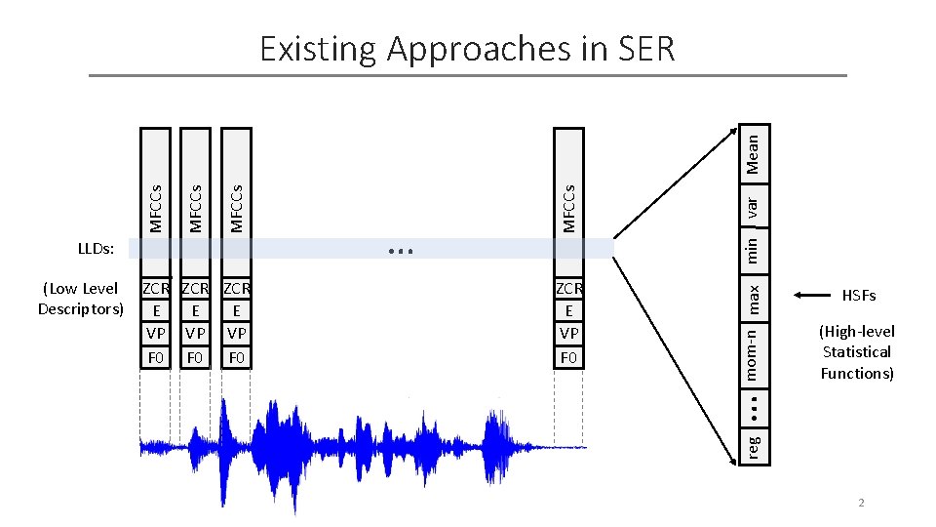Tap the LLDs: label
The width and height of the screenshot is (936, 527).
tap(96, 250)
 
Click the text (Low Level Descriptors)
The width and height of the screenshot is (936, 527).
tap(81, 299)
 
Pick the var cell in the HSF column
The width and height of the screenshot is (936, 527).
tap(753, 206)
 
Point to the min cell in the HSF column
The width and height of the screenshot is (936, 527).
tap(753, 246)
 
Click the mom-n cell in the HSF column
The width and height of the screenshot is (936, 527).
tap(753, 353)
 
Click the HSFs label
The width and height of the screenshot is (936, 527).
tap(859, 296)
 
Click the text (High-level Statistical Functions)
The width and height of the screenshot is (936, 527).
tap(856, 352)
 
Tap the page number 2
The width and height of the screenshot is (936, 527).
tap(861, 503)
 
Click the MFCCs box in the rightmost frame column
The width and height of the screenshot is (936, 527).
tap(568, 195)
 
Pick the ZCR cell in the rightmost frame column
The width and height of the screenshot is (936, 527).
tap(568, 289)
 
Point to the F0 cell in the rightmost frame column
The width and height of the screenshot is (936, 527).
tap(568, 357)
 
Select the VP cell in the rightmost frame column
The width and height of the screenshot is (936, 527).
tap(568, 334)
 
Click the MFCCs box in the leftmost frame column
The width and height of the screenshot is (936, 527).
tap(155, 195)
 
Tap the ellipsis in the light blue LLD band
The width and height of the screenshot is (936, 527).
tap(400, 252)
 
